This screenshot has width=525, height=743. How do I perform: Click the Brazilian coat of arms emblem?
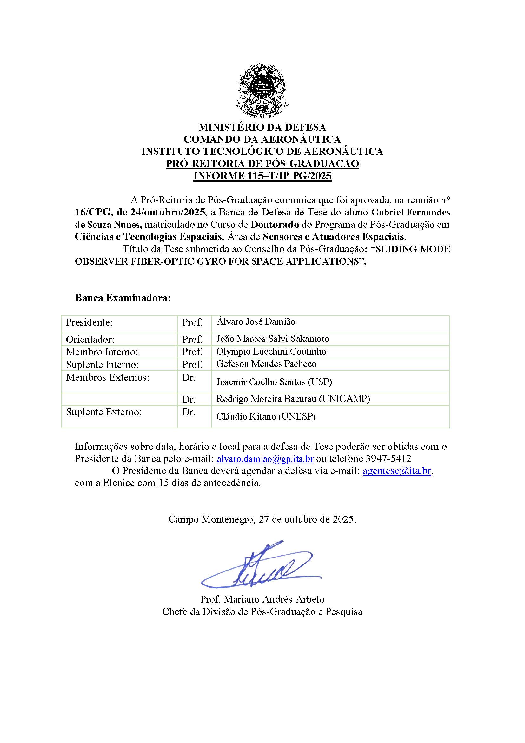point(262,91)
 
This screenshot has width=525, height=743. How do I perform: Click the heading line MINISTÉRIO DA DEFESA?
point(262,127)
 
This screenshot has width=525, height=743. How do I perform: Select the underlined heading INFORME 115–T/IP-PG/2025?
point(262,176)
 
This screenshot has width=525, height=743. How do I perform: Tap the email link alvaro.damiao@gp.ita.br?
point(265,459)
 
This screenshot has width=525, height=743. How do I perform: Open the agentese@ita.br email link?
point(397,471)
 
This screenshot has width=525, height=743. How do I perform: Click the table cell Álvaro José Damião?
point(256,322)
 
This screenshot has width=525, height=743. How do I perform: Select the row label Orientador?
point(90,340)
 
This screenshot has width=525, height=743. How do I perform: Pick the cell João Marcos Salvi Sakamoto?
point(273,339)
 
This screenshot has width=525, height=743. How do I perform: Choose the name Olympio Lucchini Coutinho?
point(271,351)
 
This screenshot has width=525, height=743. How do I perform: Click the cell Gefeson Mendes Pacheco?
point(266,364)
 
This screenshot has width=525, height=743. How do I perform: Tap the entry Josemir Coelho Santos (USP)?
point(274,382)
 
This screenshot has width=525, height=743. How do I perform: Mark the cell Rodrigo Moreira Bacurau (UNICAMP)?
point(293,399)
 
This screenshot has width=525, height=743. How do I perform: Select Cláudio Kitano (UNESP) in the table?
point(266,417)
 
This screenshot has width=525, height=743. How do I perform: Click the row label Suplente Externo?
point(104,412)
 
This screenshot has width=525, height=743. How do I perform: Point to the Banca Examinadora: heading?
point(123,298)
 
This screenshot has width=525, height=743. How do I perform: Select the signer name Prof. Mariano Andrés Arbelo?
point(262,599)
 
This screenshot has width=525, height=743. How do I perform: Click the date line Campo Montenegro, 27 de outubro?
point(262,520)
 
